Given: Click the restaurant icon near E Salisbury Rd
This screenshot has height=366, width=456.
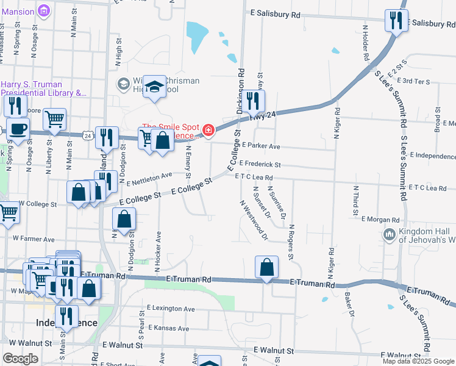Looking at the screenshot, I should [x=396, y=21].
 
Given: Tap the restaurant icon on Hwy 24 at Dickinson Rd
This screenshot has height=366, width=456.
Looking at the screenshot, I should [x=253, y=101].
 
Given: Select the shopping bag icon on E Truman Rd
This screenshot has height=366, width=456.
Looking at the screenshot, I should [x=266, y=267].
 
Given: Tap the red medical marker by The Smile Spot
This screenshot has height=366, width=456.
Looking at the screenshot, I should [x=208, y=130].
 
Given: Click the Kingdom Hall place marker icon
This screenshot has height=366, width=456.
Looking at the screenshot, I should [x=390, y=234].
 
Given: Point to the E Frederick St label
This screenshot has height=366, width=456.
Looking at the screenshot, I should [x=260, y=164].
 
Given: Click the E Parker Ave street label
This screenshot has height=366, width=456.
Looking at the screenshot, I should [x=260, y=146].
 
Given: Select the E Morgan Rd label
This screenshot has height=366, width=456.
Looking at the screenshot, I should [x=380, y=219].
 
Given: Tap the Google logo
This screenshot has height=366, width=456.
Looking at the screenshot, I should [x=20, y=359].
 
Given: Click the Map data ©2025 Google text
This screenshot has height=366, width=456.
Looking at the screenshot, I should [x=418, y=361].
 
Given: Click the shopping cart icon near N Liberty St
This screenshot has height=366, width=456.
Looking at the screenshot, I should [x=55, y=119].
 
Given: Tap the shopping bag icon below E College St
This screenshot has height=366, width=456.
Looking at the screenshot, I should [x=124, y=220].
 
